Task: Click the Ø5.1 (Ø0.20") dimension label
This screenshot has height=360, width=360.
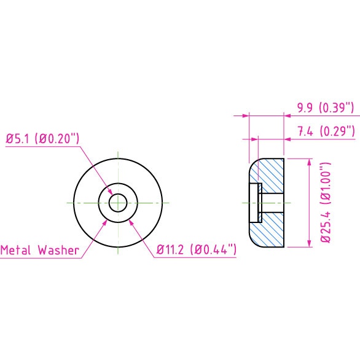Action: pyautogui.click(x=42, y=139)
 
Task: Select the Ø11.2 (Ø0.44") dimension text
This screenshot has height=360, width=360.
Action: pyautogui.click(x=197, y=249)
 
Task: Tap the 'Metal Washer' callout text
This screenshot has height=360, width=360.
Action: pyautogui.click(x=40, y=250)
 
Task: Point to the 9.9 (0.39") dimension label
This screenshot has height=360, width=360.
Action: pyautogui.click(x=326, y=108)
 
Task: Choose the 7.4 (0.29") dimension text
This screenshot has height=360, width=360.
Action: pyautogui.click(x=326, y=131)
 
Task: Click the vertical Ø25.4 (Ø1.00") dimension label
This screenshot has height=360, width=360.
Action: pyautogui.click(x=326, y=203)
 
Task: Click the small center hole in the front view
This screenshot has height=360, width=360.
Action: pyautogui.click(x=118, y=203)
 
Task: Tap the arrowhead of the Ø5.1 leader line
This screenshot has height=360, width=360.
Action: pyautogui.click(x=110, y=192)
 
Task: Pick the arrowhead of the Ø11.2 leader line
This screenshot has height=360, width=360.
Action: pyautogui.click(x=131, y=222)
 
